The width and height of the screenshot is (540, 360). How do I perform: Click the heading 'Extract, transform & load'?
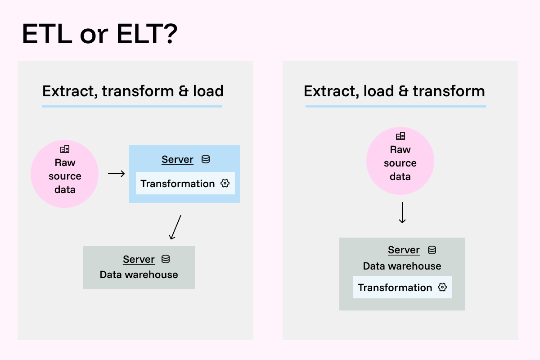pyautogui.click(x=133, y=91)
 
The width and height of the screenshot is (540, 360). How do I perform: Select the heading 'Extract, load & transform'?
pyautogui.click(x=394, y=91)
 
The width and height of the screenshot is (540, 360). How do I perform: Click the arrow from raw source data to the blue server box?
pyautogui.click(x=117, y=173)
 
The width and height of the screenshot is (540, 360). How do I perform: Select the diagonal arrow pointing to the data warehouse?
pyautogui.click(x=175, y=227)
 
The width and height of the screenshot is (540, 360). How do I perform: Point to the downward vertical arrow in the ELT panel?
pyautogui.click(x=402, y=212)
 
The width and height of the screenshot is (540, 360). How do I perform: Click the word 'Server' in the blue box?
pyautogui.click(x=177, y=160)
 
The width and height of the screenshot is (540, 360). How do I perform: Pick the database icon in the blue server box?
pyautogui.click(x=206, y=159)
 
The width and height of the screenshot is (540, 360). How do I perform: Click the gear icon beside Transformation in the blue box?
pyautogui.click(x=225, y=184)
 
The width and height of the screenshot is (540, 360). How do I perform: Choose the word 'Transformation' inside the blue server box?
pyautogui.click(x=178, y=184)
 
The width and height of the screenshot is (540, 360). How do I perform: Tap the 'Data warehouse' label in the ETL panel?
pyautogui.click(x=139, y=274)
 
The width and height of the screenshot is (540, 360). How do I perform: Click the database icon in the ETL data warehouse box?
pyautogui.click(x=166, y=259)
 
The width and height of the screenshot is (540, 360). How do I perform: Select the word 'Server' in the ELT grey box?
pyautogui.click(x=404, y=250)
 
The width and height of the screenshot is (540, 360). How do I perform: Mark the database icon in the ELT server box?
pyautogui.click(x=432, y=250)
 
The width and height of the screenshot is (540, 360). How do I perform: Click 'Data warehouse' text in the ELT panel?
pyautogui.click(x=402, y=266)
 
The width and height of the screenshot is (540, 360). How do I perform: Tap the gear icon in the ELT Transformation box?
pyautogui.click(x=442, y=288)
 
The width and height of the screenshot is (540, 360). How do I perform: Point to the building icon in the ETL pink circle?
pyautogui.click(x=65, y=148)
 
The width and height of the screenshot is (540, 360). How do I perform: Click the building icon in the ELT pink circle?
pyautogui.click(x=400, y=135)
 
